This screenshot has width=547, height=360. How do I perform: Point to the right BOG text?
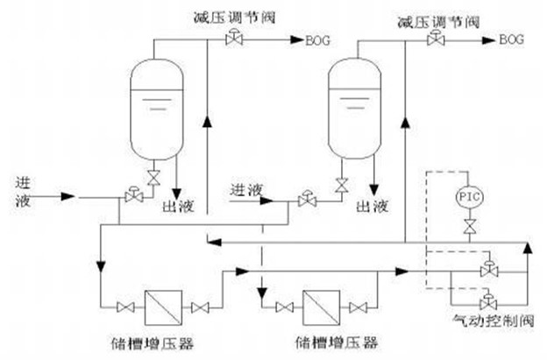point(511,39)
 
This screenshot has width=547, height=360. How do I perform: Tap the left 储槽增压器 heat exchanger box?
point(160,307)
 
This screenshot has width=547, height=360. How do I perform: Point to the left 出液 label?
point(178,208)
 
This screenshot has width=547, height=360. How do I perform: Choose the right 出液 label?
point(373,208)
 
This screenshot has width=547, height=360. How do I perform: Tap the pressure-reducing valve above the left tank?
point(235,37)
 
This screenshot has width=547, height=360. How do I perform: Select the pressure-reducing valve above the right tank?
point(432,40)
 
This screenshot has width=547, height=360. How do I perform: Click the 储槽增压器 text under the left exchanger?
point(162,341)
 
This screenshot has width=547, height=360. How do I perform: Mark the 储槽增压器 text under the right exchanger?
point(327,341)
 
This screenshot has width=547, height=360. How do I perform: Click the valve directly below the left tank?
point(154,178)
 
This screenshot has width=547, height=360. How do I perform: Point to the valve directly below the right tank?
point(342,185)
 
